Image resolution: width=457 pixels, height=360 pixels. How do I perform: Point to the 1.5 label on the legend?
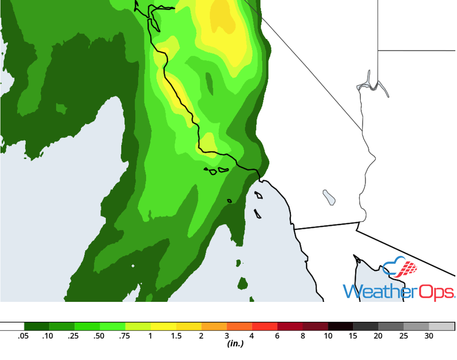coord(176,336)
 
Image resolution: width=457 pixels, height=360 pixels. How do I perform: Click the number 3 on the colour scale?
coord(227,336)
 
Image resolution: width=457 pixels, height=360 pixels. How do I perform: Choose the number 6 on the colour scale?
coord(277,336)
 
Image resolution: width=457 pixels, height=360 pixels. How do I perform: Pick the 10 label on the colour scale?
coord(328,336)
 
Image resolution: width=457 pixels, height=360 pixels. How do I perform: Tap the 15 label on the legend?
coord(353,336)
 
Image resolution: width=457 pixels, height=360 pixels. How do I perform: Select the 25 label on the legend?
coord(403,336)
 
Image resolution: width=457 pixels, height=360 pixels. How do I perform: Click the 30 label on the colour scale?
coord(429,336)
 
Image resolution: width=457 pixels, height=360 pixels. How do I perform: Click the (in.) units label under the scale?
coord(235,344)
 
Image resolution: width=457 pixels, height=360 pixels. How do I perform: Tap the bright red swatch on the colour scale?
coord(265,326)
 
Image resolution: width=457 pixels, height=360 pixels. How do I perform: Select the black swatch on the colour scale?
coord(341,326)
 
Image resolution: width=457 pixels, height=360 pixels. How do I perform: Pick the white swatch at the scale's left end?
coord(12,326)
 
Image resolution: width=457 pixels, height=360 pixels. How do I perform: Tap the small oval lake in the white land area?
coord(329,197)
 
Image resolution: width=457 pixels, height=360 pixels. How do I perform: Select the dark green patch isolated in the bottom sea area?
coord(243,284)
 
